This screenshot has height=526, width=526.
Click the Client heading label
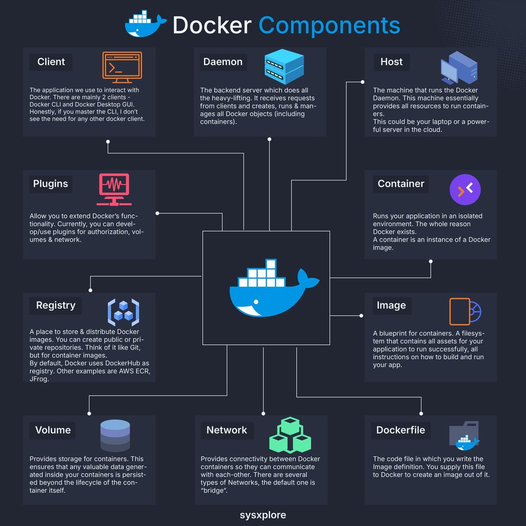[51, 62]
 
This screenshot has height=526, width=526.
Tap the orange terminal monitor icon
[122, 67]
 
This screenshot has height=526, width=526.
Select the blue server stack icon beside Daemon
[284, 67]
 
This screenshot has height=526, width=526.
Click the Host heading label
[391, 62]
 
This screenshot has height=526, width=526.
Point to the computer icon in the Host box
[458, 68]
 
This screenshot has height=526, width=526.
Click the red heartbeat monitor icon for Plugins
[114, 189]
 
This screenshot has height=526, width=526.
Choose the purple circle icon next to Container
[465, 189]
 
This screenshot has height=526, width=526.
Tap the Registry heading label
[56, 305]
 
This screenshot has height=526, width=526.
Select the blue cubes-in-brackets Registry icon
[123, 312]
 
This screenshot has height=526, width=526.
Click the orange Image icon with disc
[465, 312]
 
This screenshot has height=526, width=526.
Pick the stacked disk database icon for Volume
[115, 435]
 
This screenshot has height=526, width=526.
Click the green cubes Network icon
[290, 435]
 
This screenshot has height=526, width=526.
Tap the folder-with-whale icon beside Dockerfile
[464, 436]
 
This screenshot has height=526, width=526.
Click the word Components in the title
[329, 25]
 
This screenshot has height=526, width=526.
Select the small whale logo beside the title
[145, 25]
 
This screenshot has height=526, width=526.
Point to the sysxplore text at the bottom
[263, 515]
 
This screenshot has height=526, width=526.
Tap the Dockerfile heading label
[400, 430]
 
